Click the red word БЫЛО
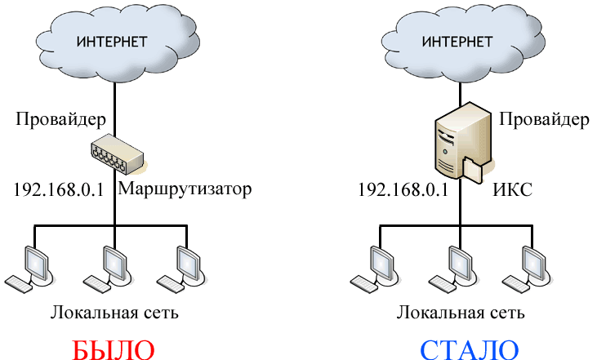pos(114,349)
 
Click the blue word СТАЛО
pos(470,349)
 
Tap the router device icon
pos(115,153)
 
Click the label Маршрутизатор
pos(185,189)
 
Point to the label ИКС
pos(513,190)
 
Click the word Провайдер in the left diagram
pos(61,121)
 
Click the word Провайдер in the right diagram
pos(544,121)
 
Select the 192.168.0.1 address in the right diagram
pos(403,190)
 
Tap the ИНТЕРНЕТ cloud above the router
pos(113,42)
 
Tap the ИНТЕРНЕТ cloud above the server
pos(460,42)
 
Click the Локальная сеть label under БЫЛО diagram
pos(114,313)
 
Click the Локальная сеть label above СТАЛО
pos(461,313)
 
